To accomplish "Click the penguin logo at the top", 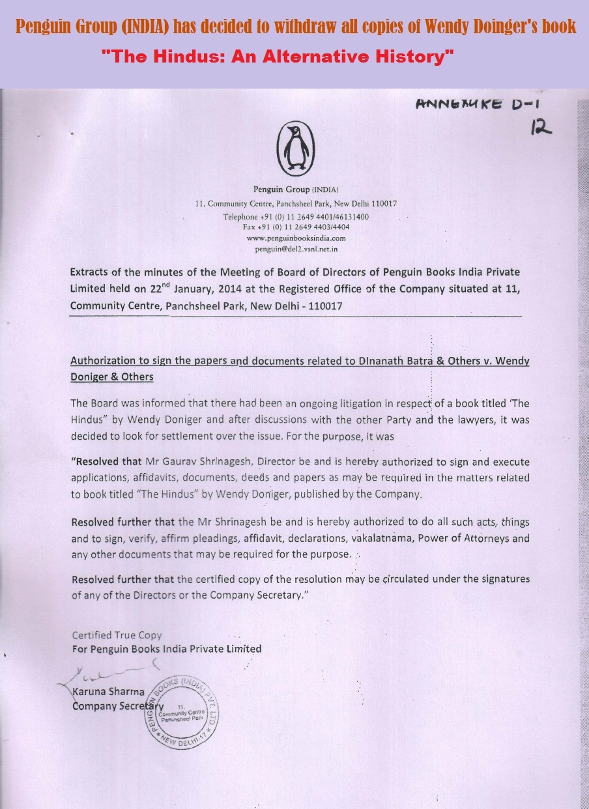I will (296, 149).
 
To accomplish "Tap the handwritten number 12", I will (541, 128).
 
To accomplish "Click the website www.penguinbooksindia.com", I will (296, 238).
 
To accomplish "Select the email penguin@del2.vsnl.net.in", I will (296, 249).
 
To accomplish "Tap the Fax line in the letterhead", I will (296, 227).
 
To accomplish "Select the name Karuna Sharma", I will (108, 691).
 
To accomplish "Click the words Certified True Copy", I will (117, 634).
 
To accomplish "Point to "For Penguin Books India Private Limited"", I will (166, 649).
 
